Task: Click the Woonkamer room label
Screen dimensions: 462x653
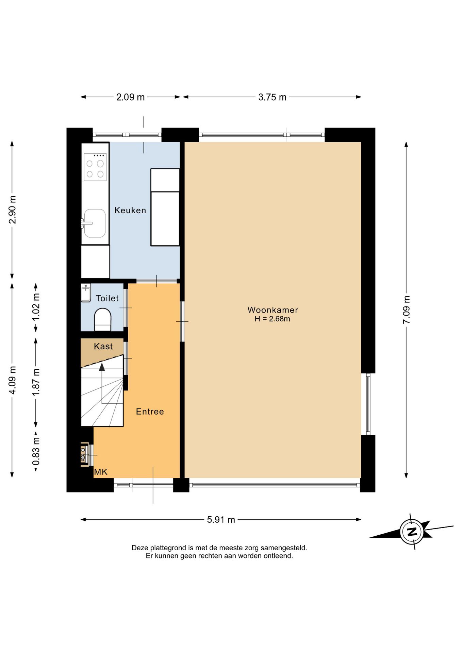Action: [273, 310]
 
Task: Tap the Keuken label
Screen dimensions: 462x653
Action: [130, 210]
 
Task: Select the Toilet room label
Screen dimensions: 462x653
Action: [107, 298]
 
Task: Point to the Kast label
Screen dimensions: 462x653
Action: [103, 346]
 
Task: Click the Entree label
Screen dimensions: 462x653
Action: [150, 412]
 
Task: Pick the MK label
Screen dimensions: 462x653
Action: [101, 472]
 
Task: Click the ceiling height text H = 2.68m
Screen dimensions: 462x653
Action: [272, 319]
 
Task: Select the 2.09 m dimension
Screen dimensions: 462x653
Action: [130, 97]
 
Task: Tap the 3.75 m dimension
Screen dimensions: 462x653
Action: [272, 97]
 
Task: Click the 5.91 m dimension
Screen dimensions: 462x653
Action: [221, 520]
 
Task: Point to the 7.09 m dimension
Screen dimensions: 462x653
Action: [406, 310]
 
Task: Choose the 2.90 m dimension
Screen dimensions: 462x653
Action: [12, 210]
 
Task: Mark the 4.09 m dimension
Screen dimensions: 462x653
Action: [12, 380]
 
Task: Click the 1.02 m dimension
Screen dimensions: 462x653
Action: [36, 307]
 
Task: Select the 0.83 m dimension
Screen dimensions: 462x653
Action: [36, 451]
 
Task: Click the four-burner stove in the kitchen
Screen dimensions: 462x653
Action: [95, 167]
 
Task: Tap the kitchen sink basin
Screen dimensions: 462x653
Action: [95, 223]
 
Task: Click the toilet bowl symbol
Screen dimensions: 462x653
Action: [102, 320]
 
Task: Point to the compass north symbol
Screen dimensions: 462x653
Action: [412, 532]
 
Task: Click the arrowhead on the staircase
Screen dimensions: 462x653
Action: [102, 367]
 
